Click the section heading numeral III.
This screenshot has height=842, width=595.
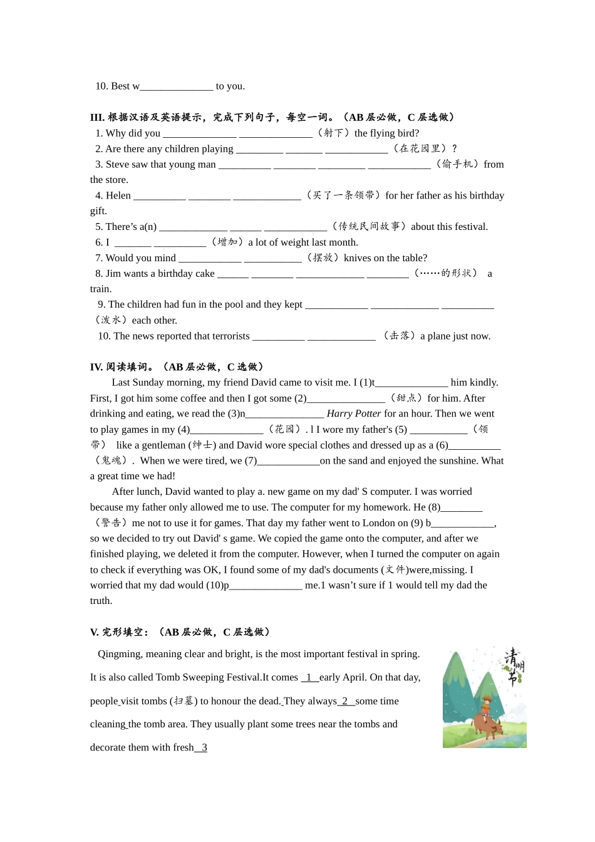[x=97, y=117]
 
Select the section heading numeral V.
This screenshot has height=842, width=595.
[x=94, y=632]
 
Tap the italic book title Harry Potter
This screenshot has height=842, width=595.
[x=354, y=413]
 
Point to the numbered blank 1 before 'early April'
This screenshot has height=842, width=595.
[x=309, y=677]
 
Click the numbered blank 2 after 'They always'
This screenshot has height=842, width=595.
[x=345, y=701]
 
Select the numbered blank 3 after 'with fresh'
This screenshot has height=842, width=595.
[x=202, y=747]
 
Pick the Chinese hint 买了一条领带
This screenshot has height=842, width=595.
[x=343, y=195]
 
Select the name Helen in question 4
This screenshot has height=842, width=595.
[x=118, y=195]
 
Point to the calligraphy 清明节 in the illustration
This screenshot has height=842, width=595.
[x=514, y=667]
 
